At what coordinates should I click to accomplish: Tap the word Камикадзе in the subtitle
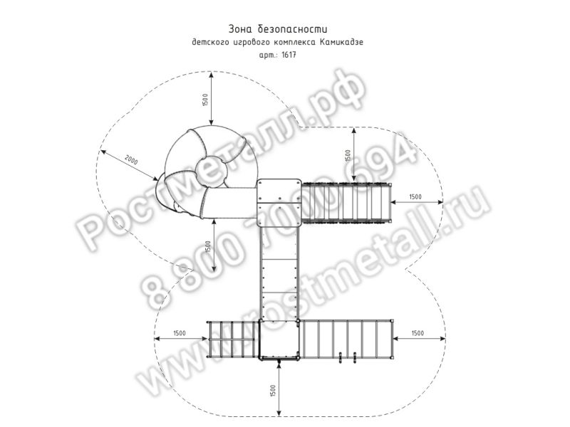pos(341,43)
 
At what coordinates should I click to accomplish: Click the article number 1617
pos(289,56)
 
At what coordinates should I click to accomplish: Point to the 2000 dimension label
pos(132,159)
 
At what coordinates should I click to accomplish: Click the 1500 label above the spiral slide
pos(204,100)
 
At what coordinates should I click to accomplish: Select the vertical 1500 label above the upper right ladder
pos(348,156)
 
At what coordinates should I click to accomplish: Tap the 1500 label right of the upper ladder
pos(415,196)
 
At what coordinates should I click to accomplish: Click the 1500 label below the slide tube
pos(207,248)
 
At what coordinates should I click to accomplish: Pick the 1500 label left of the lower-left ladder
pos(180,333)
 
